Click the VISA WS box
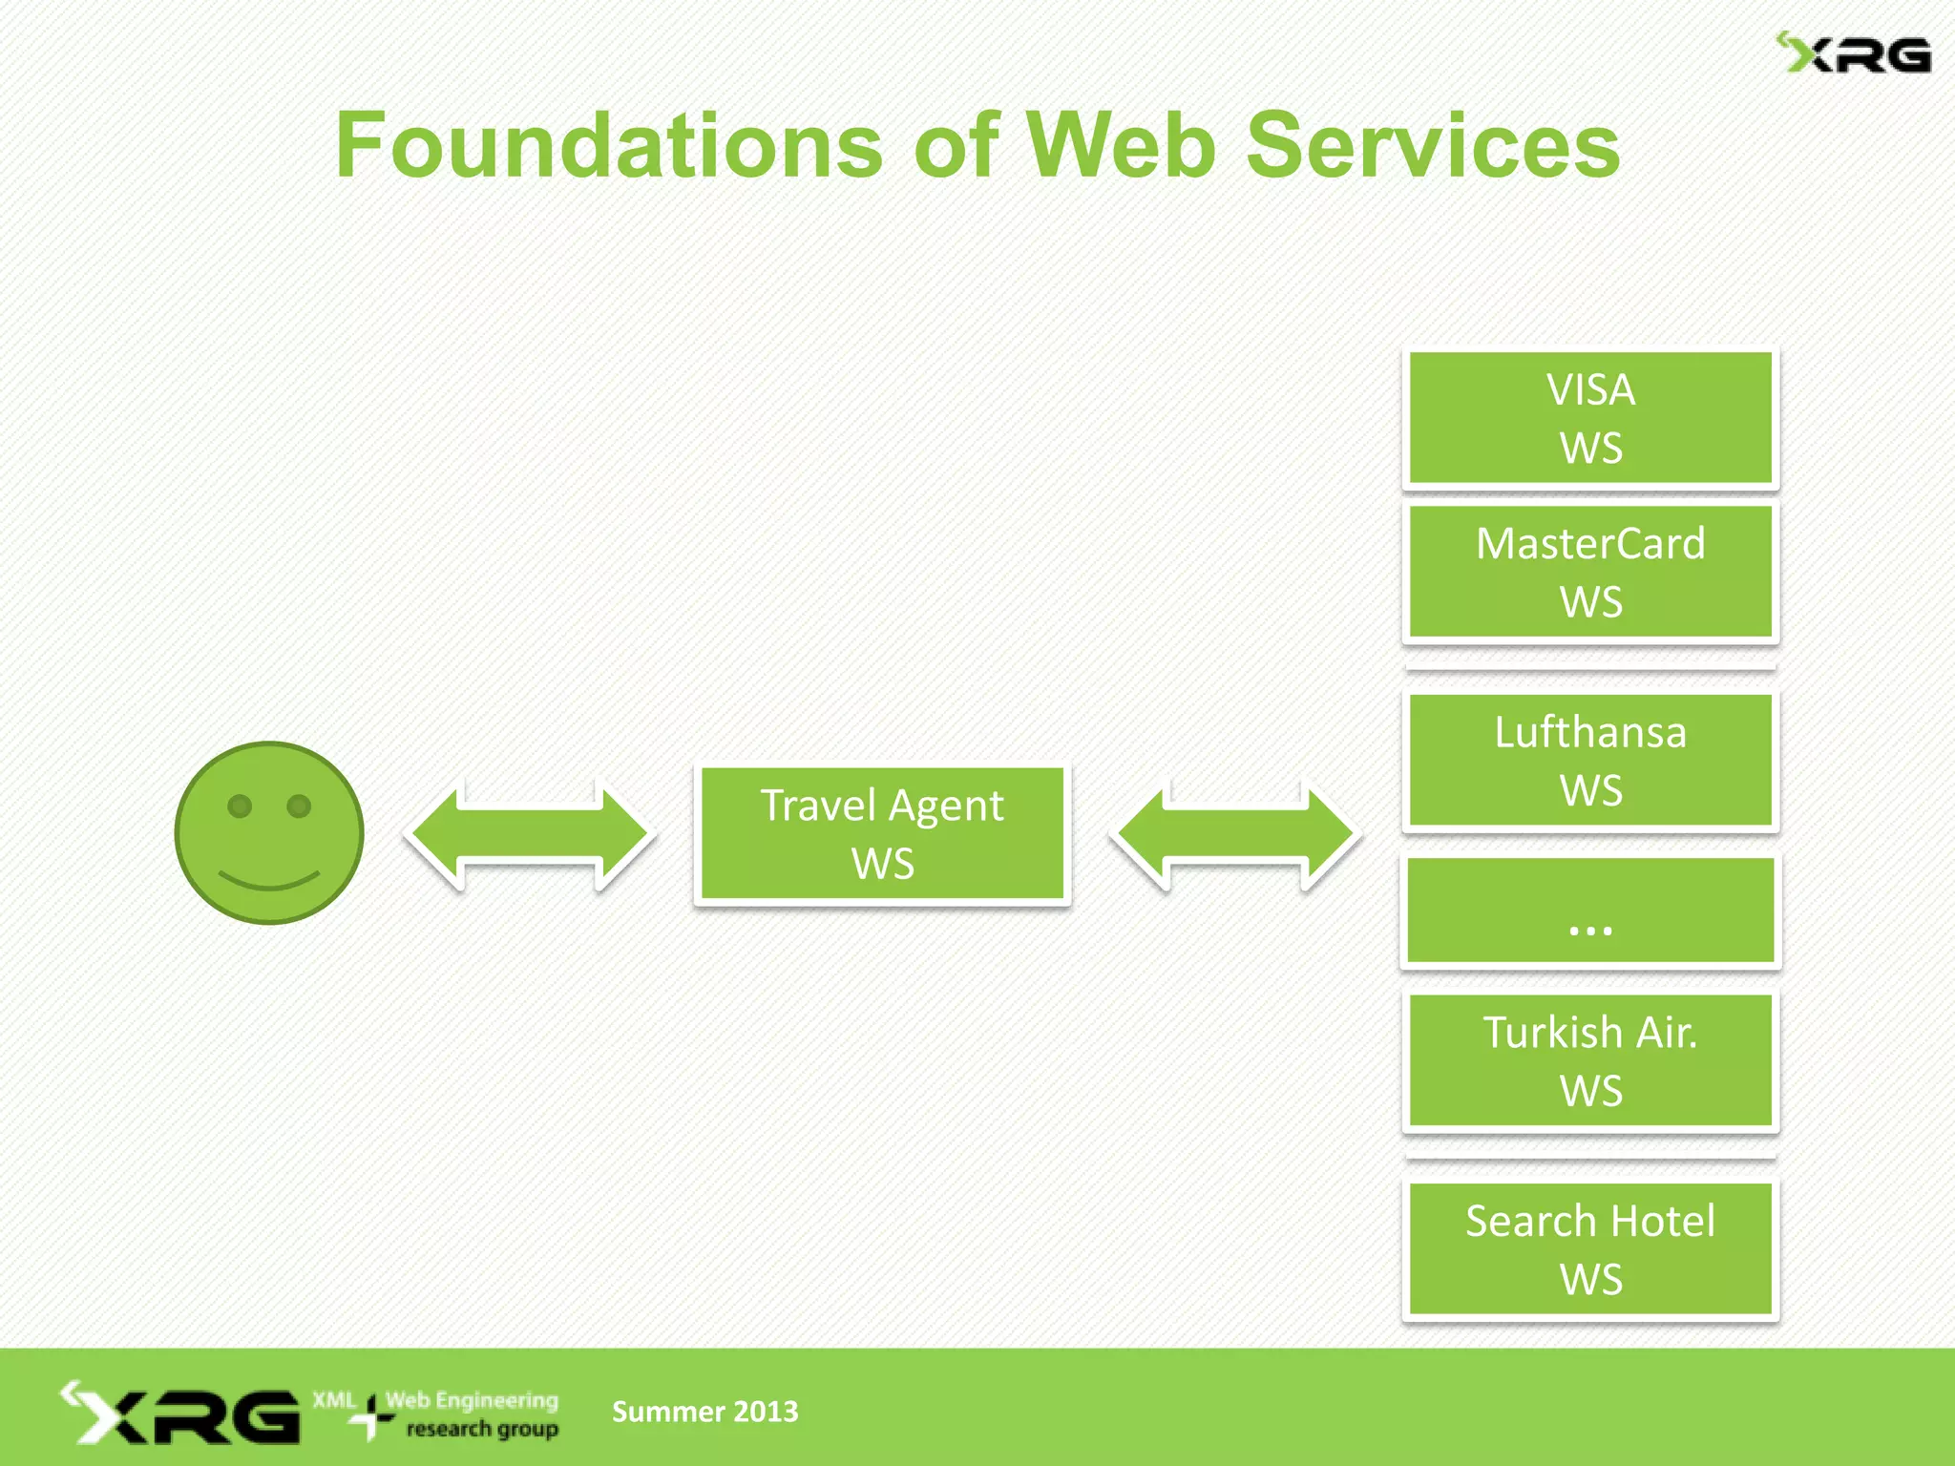[1590, 418]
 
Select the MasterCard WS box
[1590, 573]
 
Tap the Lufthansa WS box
[1590, 761]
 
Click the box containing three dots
[1590, 911]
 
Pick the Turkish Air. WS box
[1590, 1061]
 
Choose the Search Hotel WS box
[1590, 1249]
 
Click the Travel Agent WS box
[882, 834]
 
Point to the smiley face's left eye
[240, 806]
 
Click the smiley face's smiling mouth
[269, 880]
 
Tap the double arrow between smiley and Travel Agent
[530, 834]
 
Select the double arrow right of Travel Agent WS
[1235, 834]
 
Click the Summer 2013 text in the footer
[704, 1412]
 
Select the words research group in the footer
[482, 1429]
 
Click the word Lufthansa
[1590, 733]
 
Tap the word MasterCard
[1590, 544]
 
